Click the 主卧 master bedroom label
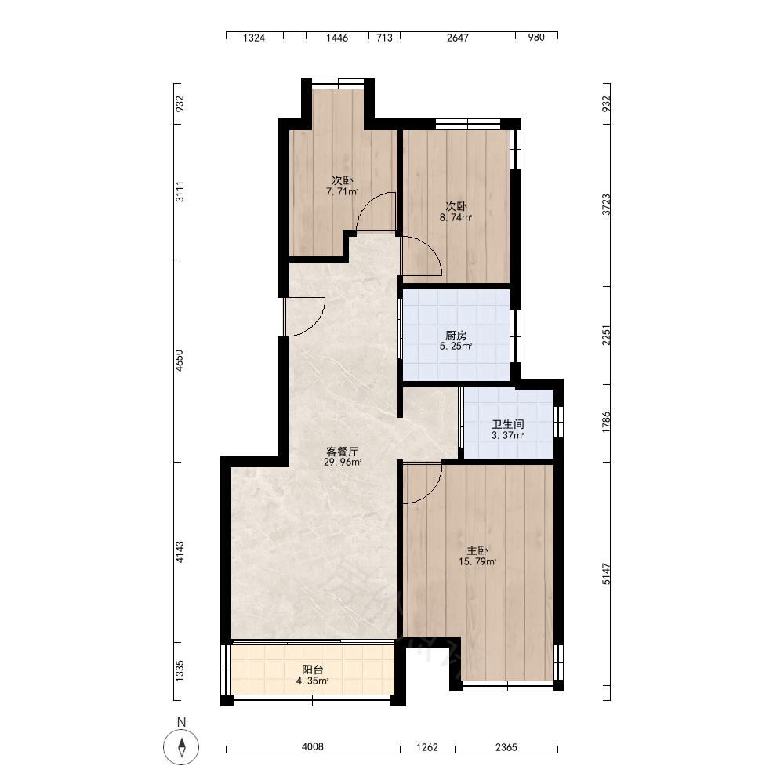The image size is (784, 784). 477,550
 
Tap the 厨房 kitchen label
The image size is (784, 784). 456,336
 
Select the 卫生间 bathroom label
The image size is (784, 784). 507,424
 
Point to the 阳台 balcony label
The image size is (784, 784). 312,670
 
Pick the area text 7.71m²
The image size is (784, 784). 342,191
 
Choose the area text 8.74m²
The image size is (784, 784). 456,217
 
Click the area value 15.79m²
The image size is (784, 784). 477,561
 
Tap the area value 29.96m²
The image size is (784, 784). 342,463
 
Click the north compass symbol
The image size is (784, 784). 181,747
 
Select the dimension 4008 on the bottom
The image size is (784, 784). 313,747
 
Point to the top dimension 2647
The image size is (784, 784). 458,38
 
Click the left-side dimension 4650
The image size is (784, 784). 180,361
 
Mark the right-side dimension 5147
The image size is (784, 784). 606,574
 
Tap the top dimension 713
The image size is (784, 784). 384,38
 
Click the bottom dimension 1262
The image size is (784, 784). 427,747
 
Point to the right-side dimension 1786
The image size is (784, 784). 606,423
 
